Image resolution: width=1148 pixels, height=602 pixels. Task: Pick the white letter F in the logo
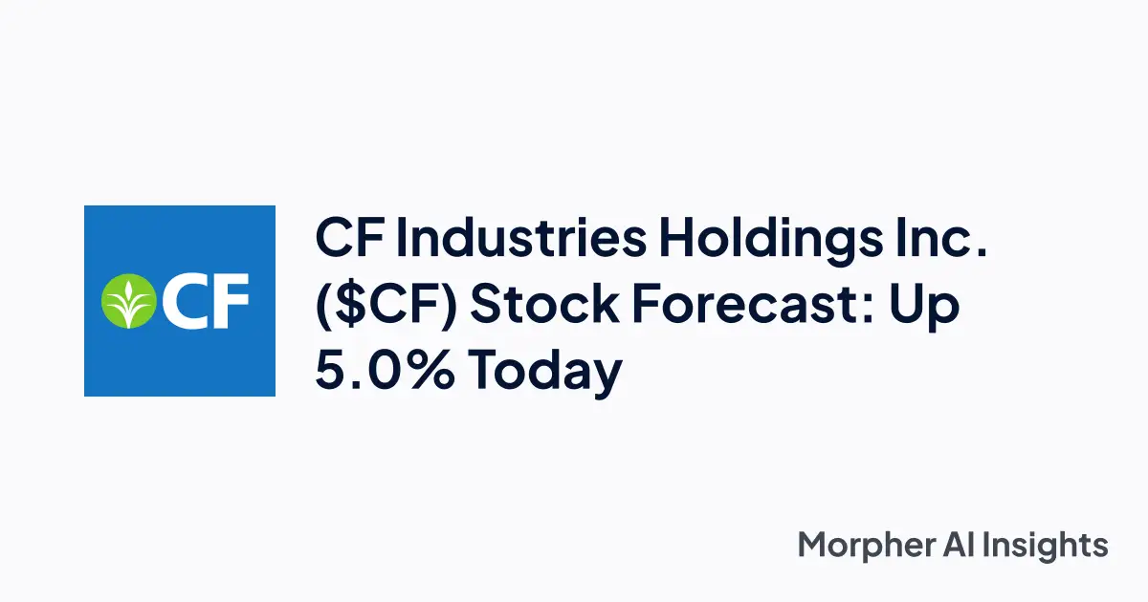click(x=230, y=300)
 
